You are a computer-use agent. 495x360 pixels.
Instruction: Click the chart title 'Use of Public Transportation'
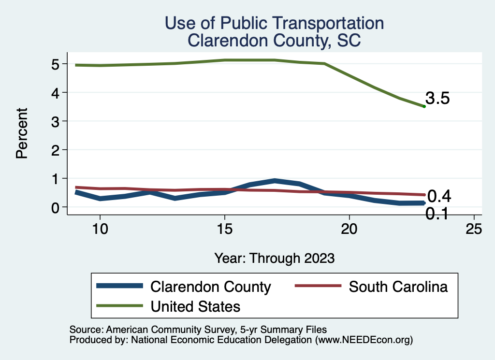pos(274,23)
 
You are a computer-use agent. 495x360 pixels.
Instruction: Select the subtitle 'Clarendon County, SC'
pos(274,40)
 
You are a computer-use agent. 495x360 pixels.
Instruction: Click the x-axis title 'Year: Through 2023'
pos(274,258)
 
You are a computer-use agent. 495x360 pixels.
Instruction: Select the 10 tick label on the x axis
pos(100,229)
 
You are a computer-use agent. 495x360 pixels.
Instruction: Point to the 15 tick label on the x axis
pos(224,229)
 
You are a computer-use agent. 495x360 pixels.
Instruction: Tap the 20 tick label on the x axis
pos(349,229)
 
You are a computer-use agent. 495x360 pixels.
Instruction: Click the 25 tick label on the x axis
pos(474,229)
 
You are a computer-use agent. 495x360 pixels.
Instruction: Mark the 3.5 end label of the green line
pos(438,99)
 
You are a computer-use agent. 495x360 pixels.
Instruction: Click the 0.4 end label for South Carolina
pos(439,196)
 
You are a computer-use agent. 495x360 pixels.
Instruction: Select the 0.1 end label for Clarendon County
pos(437,213)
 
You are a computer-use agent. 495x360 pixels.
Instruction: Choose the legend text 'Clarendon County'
pos(211,287)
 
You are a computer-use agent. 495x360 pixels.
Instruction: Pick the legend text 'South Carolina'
pos(398,287)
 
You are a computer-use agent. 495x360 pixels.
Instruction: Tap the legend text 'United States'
pos(196,306)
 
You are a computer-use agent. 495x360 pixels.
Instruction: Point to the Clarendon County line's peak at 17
pos(275,181)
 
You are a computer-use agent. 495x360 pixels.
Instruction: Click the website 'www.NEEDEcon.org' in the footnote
pos(364,340)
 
